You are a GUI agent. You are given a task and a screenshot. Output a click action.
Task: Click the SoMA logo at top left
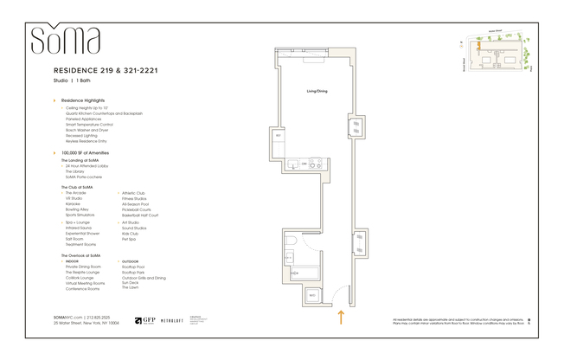point(66,41)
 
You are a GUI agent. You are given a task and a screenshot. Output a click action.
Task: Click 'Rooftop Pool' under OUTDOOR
point(134,267)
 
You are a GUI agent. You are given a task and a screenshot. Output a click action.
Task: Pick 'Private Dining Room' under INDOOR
point(83,267)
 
